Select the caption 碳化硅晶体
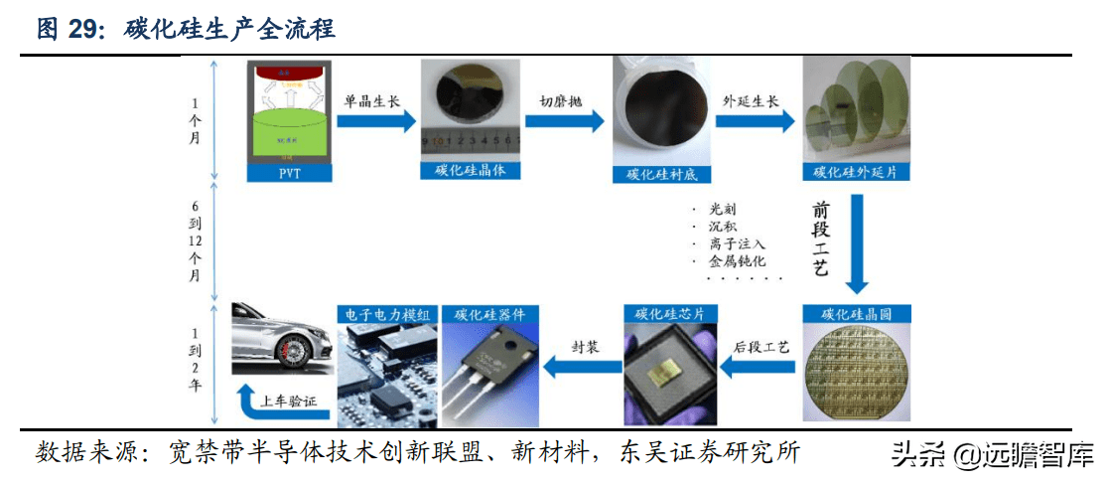pyautogui.click(x=471, y=170)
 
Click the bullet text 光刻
pyautogui.click(x=723, y=210)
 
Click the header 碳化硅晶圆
pyautogui.click(x=856, y=314)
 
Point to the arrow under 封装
pyautogui.click(x=585, y=369)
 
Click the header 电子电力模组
pyautogui.click(x=388, y=314)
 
